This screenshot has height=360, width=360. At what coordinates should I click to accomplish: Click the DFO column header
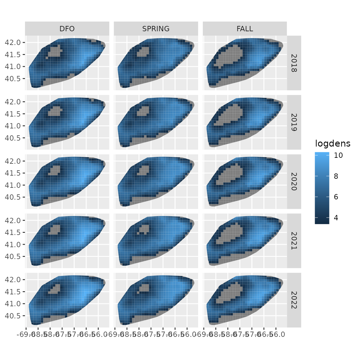point(67,29)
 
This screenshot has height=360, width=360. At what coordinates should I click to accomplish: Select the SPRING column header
point(156,29)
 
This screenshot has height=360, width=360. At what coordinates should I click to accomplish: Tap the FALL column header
point(245,29)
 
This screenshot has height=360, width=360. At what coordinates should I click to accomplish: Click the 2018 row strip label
point(294,63)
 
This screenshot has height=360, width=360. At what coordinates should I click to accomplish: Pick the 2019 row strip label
point(294,122)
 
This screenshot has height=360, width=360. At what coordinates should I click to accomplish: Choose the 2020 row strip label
point(294,182)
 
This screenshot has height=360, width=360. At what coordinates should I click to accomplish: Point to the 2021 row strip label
point(294,241)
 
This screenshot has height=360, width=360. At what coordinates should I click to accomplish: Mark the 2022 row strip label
point(294,300)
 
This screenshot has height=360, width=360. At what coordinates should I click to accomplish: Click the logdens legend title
point(332,144)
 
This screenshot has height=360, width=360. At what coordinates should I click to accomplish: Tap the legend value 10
point(338,155)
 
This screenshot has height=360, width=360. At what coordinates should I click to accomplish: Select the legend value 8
point(336,176)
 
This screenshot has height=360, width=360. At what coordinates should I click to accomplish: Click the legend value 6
point(336,197)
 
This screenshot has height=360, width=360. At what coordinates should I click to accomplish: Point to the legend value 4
point(336,218)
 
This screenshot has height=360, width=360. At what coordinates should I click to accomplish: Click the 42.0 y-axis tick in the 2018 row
point(13,42)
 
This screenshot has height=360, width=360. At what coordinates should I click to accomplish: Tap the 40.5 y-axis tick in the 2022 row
point(13,316)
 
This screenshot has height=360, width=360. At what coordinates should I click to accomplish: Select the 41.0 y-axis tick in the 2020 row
point(13,185)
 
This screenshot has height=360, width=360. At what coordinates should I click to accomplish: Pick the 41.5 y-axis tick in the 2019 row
point(13,114)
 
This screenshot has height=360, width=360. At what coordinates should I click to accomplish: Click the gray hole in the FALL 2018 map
point(230,56)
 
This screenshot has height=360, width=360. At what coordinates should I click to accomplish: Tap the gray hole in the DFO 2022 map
point(55,289)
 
